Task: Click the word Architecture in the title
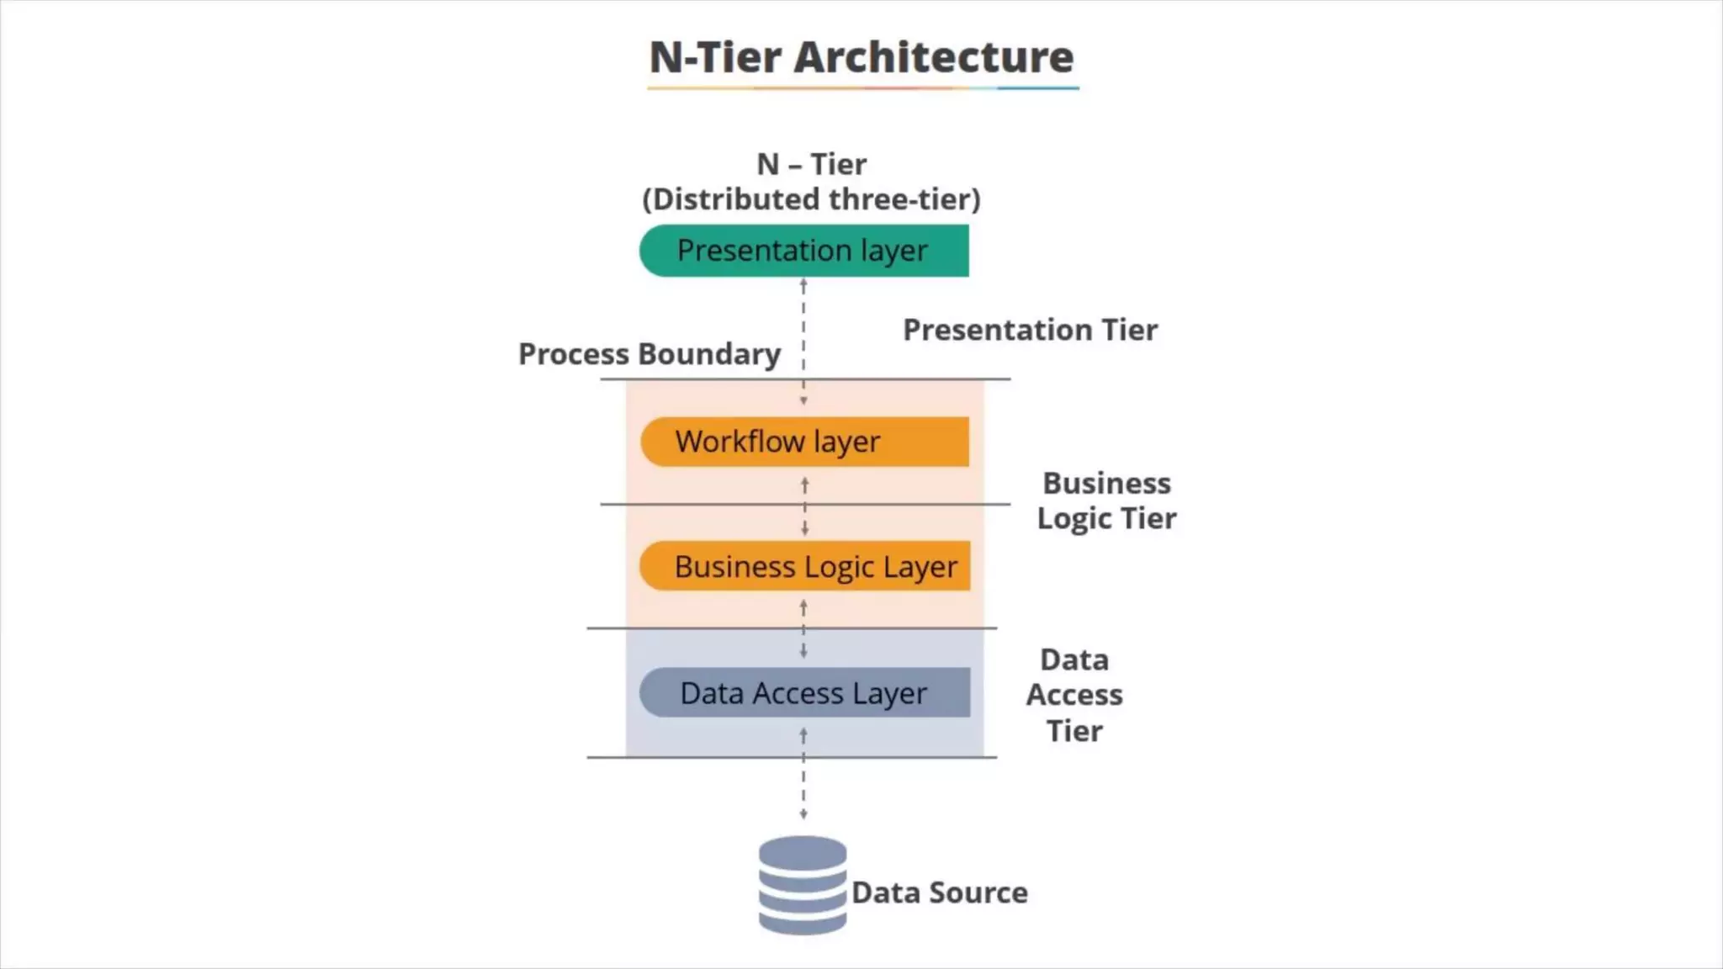coord(934,57)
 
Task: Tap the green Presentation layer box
coord(803,251)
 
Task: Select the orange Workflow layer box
coord(804,442)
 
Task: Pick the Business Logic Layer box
coord(804,566)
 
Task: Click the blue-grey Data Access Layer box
coord(804,693)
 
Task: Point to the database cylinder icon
coord(803,885)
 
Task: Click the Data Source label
coord(939,892)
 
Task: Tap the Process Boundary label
coord(649,354)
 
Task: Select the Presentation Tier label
coord(1030,330)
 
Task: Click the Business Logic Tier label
coord(1106,500)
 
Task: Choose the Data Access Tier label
coord(1074,695)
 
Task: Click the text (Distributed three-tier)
coord(811,199)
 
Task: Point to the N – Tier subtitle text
coord(811,164)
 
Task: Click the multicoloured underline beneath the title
coord(862,87)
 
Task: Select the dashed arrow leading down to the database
coord(803,782)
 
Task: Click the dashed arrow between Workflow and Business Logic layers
coord(805,506)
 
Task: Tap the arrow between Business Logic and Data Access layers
coord(803,629)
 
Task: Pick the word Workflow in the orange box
coord(740,442)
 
